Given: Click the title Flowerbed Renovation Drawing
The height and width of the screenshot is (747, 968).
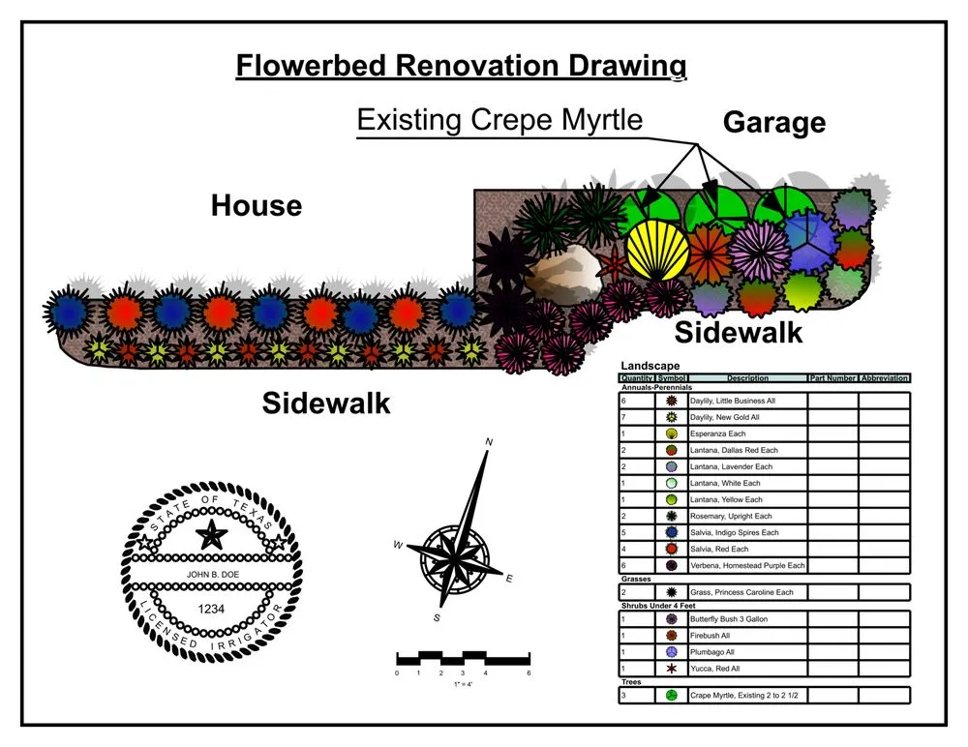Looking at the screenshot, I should (462, 66).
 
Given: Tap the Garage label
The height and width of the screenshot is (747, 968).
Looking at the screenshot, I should (774, 123).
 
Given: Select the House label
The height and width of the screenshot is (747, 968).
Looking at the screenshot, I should (257, 206).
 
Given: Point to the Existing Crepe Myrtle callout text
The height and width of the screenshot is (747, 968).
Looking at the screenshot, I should (499, 120).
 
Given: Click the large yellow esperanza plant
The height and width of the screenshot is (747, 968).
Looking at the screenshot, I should (657, 251).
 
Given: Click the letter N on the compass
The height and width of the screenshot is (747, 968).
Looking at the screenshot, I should (489, 441).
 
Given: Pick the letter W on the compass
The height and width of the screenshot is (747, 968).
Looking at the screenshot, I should (397, 545).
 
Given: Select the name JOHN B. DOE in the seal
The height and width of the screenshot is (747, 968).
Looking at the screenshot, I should (210, 574).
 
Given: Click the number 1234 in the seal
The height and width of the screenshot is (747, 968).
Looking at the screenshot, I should (211, 609).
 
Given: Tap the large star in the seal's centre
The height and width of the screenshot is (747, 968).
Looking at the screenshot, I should (211, 534).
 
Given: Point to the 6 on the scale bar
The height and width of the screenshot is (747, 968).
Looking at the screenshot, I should (529, 672).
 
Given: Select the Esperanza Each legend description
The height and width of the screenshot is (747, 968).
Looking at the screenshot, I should (717, 433).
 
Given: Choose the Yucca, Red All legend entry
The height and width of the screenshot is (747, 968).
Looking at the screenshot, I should (715, 669).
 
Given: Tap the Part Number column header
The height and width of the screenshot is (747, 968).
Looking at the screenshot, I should (832, 378).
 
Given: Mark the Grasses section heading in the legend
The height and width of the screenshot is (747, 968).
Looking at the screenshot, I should (635, 579).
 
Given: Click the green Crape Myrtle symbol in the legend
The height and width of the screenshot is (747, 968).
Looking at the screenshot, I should (671, 695).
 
